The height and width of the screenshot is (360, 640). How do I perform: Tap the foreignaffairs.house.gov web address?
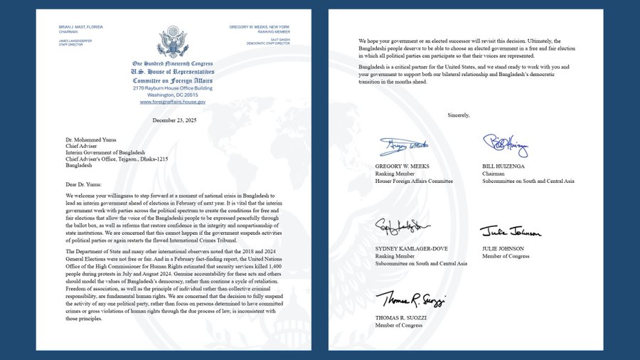[x=172, y=102]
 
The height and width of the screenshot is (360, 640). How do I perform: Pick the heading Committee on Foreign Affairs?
[x=172, y=81]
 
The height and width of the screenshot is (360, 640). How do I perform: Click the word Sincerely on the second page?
[x=459, y=115]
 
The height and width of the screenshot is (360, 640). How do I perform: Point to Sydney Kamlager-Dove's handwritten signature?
[x=402, y=227]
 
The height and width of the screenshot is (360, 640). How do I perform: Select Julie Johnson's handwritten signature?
[x=510, y=232]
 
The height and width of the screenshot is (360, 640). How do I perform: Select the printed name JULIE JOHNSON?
[x=503, y=248]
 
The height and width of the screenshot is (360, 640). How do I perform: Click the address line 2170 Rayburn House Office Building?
[x=172, y=89]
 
